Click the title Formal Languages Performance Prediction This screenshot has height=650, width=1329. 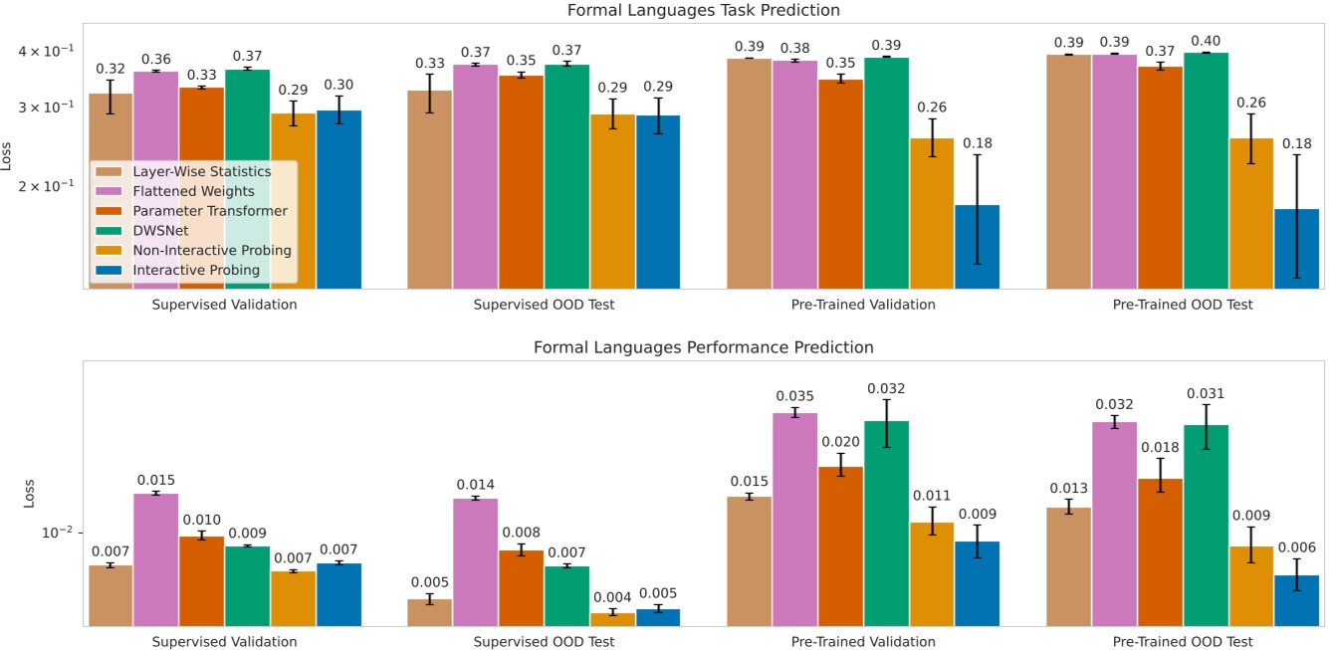[704, 347]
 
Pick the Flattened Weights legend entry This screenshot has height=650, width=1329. [194, 191]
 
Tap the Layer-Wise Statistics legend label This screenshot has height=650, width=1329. [202, 171]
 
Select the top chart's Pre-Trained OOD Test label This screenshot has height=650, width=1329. [1183, 305]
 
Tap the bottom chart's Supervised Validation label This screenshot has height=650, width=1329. [224, 641]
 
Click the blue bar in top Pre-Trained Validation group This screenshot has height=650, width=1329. [977, 247]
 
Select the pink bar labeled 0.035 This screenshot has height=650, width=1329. [795, 519]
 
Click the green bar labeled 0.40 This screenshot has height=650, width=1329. [1206, 170]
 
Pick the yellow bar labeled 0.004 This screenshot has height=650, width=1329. [612, 619]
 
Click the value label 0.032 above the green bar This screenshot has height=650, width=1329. [886, 388]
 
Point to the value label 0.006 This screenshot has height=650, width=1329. [1297, 547]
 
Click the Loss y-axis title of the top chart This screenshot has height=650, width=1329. [9, 156]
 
